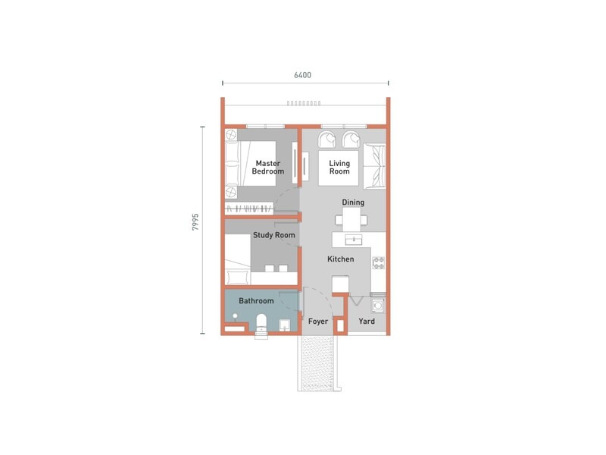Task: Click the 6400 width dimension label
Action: [x=303, y=75]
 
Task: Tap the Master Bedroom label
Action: [x=267, y=168]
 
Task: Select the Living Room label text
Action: [x=339, y=168]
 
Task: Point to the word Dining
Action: [x=353, y=202]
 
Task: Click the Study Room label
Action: [x=273, y=235]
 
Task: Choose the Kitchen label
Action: [x=340, y=259]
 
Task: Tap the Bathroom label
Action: [x=256, y=301]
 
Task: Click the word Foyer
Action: [x=318, y=322]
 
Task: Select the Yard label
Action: [x=367, y=322]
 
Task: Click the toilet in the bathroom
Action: [x=261, y=323]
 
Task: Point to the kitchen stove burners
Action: [x=379, y=263]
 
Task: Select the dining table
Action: [x=351, y=221]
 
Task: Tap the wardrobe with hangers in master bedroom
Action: [x=250, y=206]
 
